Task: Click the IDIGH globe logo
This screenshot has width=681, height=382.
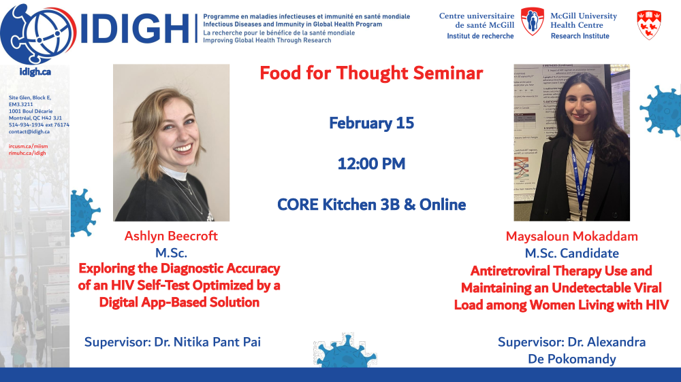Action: click(38, 34)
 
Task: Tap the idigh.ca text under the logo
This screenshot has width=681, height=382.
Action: click(35, 72)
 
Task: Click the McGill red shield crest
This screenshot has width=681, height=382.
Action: click(649, 25)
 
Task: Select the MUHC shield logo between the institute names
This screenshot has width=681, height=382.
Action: click(532, 21)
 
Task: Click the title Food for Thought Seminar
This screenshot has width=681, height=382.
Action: click(371, 73)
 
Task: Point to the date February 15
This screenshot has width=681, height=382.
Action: click(371, 123)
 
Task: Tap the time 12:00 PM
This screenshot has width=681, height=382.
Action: click(371, 164)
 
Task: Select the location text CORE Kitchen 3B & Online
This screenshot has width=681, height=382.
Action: click(371, 205)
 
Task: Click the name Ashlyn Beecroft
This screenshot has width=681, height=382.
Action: click(171, 236)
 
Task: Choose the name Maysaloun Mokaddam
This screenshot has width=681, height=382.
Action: click(571, 237)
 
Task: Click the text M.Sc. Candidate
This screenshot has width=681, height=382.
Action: click(571, 254)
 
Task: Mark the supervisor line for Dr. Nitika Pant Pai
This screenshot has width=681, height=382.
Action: click(172, 342)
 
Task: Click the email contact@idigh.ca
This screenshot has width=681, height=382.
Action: click(29, 132)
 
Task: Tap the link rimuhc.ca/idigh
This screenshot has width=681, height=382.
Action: click(27, 153)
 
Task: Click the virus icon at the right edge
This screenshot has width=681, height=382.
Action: click(661, 111)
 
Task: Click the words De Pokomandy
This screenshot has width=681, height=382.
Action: click(571, 360)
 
